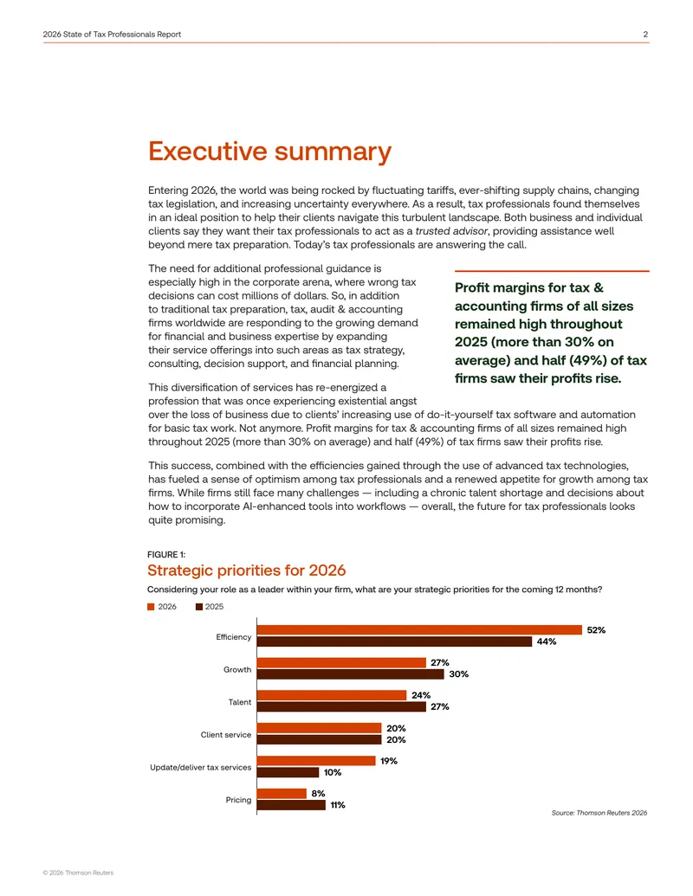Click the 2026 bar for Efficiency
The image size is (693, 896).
tap(419, 629)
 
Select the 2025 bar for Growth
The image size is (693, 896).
tap(350, 674)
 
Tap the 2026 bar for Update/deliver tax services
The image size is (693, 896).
tap(316, 761)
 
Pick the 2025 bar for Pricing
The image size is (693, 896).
tap(291, 805)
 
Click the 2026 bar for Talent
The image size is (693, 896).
tap(332, 695)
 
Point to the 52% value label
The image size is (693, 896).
tap(596, 629)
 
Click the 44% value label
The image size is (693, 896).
tap(546, 641)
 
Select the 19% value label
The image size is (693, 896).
tap(389, 761)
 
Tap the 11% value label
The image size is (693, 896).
tap(337, 805)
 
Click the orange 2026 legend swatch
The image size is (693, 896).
tap(151, 607)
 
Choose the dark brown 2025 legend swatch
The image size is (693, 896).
tap(199, 607)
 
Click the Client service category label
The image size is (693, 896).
tap(226, 735)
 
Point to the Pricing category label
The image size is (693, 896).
tap(238, 800)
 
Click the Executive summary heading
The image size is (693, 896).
tap(270, 151)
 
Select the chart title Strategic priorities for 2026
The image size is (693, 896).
tap(246, 570)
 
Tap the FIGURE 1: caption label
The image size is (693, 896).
tap(166, 555)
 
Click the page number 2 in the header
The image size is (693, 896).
tap(645, 35)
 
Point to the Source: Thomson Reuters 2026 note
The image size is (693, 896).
tap(599, 813)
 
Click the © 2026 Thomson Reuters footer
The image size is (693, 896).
tap(78, 873)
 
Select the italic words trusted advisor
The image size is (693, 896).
tap(451, 231)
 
